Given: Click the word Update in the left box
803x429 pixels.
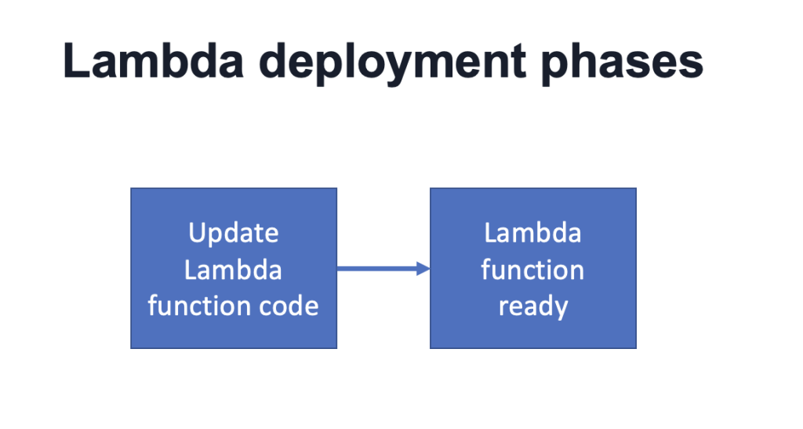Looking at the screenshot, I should coord(234,233).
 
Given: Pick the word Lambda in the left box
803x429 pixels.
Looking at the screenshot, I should coord(234,270).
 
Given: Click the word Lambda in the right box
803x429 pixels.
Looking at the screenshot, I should coord(532,233).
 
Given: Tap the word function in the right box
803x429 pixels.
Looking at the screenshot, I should coord(532,270).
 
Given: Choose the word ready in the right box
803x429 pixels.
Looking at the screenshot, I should coord(532,307).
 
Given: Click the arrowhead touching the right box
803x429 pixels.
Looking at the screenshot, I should coord(424,269).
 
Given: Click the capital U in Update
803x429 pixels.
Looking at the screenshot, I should coord(197,233).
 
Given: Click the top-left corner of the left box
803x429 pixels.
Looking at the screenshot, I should coord(131,188).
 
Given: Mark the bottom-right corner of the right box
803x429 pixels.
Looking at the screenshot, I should coord(635,347).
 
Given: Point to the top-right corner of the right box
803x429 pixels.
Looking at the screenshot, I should coord(635,188).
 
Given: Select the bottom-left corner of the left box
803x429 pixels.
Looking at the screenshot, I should coord(131,347).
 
